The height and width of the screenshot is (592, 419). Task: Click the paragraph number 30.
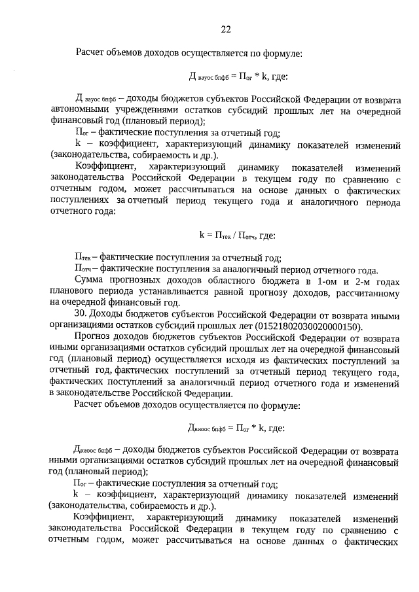pos(80,315)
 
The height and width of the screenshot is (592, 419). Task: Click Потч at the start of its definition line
pos(82,269)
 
